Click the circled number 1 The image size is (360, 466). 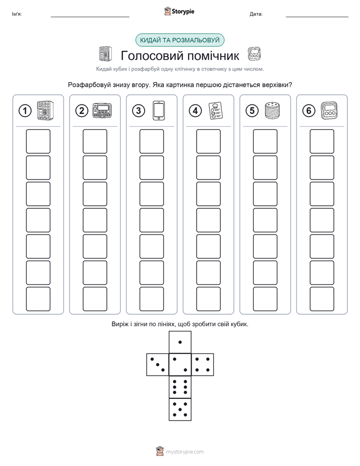(25, 111)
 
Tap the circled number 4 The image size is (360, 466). (195, 111)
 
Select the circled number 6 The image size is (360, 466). (309, 111)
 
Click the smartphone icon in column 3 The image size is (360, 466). (159, 110)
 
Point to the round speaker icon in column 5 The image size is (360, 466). (272, 110)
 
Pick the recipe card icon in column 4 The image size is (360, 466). (216, 110)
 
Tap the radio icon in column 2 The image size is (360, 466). (102, 110)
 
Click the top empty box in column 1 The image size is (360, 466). (38, 141)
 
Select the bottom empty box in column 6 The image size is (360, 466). (322, 299)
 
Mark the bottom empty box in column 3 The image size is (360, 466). (151, 299)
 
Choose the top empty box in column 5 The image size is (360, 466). (265, 141)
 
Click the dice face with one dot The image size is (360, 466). (180, 342)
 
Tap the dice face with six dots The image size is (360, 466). (180, 387)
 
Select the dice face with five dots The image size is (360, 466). (180, 410)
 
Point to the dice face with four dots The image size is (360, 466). (203, 365)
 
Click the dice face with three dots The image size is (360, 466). (158, 365)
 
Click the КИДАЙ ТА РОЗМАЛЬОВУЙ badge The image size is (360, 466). (179, 40)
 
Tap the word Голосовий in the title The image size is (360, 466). (149, 55)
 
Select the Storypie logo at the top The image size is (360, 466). (179, 11)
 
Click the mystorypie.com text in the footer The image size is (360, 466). (185, 452)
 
